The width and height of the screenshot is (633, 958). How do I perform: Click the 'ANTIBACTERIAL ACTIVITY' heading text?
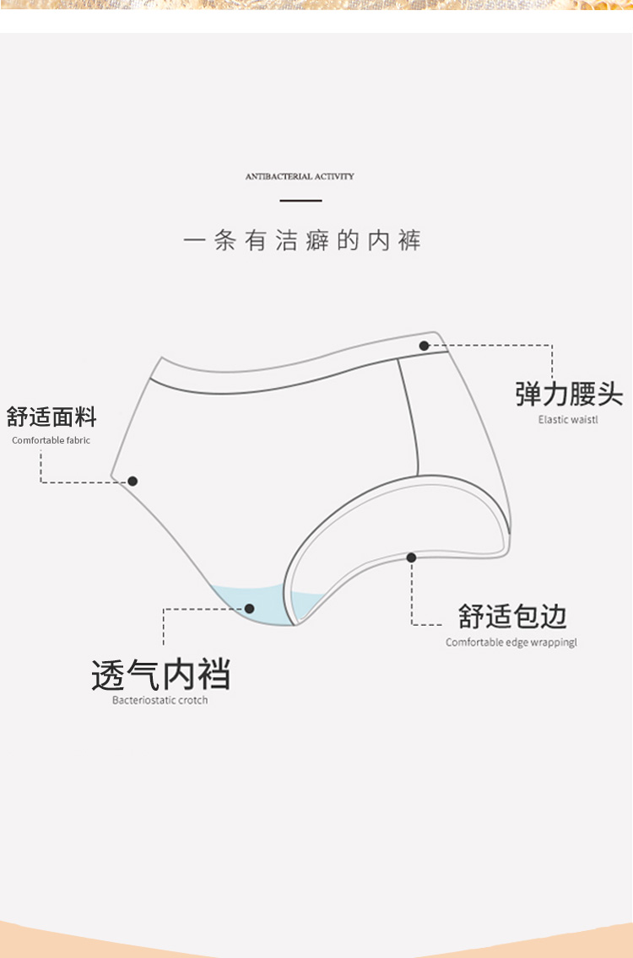pyautogui.click(x=300, y=176)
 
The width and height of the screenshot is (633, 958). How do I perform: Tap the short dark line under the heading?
pyautogui.click(x=300, y=201)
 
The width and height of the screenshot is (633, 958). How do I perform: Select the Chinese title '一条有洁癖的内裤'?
pyautogui.click(x=301, y=241)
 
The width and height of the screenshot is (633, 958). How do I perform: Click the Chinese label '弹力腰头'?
pyautogui.click(x=569, y=394)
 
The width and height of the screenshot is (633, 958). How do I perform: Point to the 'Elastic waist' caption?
pyautogui.click(x=568, y=419)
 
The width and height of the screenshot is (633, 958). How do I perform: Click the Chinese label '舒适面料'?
pyautogui.click(x=51, y=417)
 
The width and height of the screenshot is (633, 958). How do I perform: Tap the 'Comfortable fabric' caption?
pyautogui.click(x=51, y=440)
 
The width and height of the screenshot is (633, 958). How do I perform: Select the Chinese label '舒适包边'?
pyautogui.click(x=512, y=616)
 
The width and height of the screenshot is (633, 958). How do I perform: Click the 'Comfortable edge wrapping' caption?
pyautogui.click(x=511, y=643)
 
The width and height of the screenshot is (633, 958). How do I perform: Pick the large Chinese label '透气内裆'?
pyautogui.click(x=160, y=675)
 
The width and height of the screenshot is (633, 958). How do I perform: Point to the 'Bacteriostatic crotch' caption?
pyautogui.click(x=160, y=700)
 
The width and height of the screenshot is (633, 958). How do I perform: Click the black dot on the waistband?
pyautogui.click(x=424, y=346)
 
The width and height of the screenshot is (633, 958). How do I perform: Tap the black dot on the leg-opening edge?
pyautogui.click(x=411, y=557)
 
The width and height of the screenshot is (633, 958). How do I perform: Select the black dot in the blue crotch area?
pyautogui.click(x=249, y=608)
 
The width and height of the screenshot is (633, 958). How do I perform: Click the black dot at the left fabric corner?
pyautogui.click(x=133, y=482)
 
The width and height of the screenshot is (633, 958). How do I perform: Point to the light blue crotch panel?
pyautogui.click(x=253, y=600)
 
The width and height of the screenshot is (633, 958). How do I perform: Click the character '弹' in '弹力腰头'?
pyautogui.click(x=528, y=394)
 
